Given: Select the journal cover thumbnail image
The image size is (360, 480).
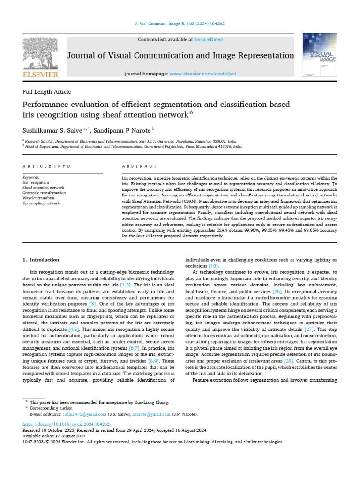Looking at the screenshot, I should tap(320, 55).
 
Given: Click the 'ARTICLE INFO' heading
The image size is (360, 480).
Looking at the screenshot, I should tap(46, 166).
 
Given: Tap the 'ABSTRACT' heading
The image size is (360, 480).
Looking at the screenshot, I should tap(139, 166).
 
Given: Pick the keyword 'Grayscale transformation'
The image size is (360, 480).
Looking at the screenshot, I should tap(44, 193).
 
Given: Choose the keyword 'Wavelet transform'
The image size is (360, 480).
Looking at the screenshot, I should tap(39, 198).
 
